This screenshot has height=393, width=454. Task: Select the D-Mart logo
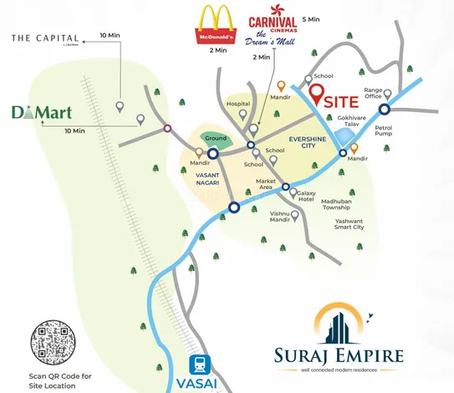coord(35,114)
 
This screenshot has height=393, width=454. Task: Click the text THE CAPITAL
coord(46,38)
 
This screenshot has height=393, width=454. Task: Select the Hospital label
coord(238,105)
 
